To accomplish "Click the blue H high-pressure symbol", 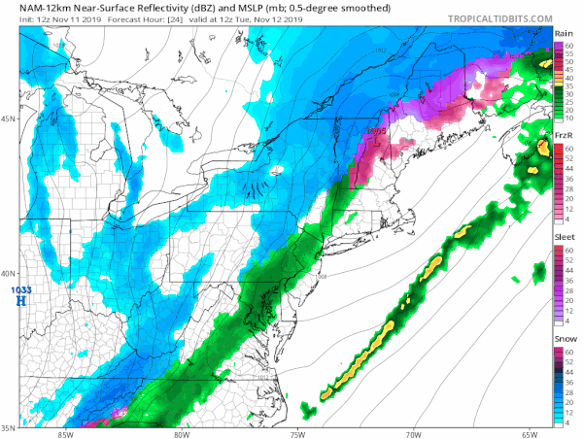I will [x=19, y=302].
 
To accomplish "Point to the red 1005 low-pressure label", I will [x=376, y=130].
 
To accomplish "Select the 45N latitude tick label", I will [x=9, y=119].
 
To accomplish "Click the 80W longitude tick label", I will [x=181, y=433].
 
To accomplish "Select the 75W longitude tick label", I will [x=297, y=433].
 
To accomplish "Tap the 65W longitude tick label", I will [x=531, y=433].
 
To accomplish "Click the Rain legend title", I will [x=562, y=34].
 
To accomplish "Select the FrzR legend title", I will [x=562, y=136].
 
